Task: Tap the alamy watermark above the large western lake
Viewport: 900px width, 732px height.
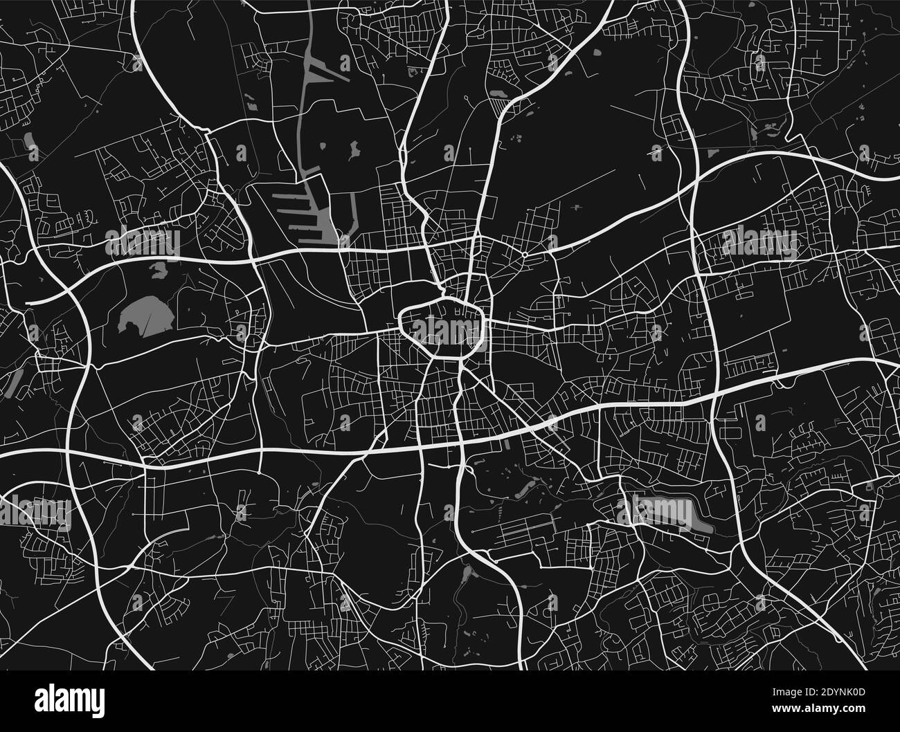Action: click(x=142, y=241)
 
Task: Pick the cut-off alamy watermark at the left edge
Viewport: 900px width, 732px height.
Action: click(x=28, y=511)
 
